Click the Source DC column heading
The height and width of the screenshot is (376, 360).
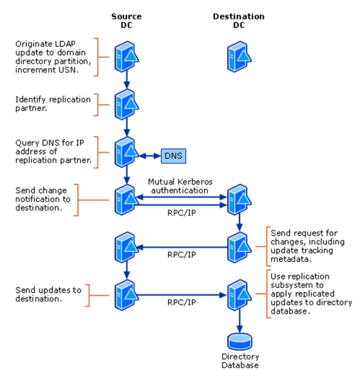126,20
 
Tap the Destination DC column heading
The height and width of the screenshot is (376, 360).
240,20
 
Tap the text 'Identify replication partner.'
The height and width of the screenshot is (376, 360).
53,104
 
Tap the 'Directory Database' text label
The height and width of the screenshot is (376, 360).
240,361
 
